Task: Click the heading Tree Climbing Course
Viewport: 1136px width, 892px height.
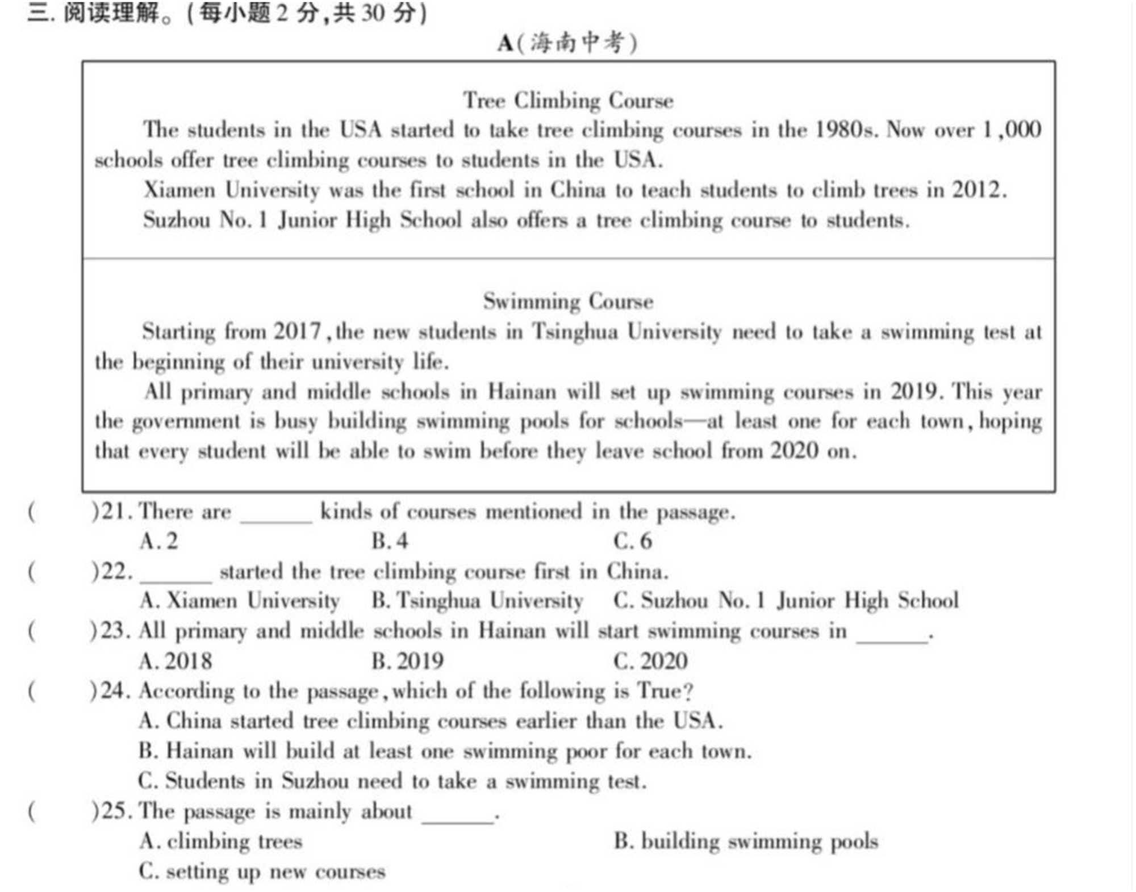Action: [568, 100]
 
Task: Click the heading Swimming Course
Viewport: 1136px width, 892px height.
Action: [568, 301]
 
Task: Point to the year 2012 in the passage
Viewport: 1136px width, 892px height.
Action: [976, 190]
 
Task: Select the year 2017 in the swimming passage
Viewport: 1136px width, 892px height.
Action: [297, 331]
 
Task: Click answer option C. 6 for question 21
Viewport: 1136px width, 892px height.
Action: [632, 541]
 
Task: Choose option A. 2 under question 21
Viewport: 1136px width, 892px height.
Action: [158, 541]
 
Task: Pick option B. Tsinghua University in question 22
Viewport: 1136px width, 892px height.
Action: [477, 601]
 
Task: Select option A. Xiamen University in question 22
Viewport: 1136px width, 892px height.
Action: [239, 601]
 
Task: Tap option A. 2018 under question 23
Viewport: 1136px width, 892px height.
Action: [175, 661]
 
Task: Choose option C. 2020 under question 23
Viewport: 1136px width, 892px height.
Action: [650, 661]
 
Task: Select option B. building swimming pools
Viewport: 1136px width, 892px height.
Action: [746, 841]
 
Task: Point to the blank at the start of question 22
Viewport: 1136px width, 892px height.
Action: [176, 578]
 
